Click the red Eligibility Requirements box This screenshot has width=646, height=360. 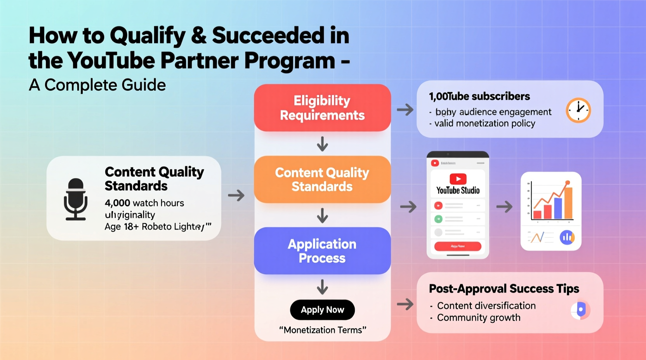click(x=322, y=108)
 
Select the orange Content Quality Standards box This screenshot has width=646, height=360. click(x=322, y=179)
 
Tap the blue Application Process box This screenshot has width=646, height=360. click(x=322, y=251)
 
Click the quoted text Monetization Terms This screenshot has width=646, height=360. click(x=323, y=330)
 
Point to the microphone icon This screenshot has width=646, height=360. click(x=75, y=199)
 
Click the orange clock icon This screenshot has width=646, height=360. click(x=578, y=110)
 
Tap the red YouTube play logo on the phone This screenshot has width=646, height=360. click(x=458, y=179)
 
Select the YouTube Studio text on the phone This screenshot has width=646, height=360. click(x=458, y=190)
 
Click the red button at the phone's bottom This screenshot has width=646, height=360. click(x=458, y=246)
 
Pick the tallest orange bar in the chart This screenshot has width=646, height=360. click(x=568, y=202)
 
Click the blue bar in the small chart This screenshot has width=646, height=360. click(x=558, y=208)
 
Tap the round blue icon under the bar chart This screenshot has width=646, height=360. click(x=567, y=237)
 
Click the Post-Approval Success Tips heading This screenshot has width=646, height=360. click(x=504, y=289)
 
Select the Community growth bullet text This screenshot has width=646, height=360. click(x=479, y=318)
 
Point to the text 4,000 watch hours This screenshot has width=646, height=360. click(x=144, y=203)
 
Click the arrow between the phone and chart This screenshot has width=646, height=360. click(x=504, y=207)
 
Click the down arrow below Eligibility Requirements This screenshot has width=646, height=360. click(x=322, y=144)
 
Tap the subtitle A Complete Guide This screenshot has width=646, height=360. click(x=97, y=85)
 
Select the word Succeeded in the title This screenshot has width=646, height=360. click(x=268, y=36)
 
